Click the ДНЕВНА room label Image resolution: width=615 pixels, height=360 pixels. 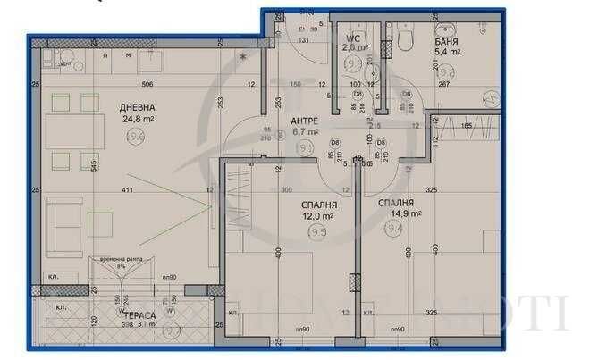[137, 107]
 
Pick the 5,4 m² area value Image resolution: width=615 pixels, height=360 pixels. [447, 53]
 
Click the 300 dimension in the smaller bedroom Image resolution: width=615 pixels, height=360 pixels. [287, 190]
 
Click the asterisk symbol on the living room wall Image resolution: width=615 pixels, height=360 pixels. [242, 58]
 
